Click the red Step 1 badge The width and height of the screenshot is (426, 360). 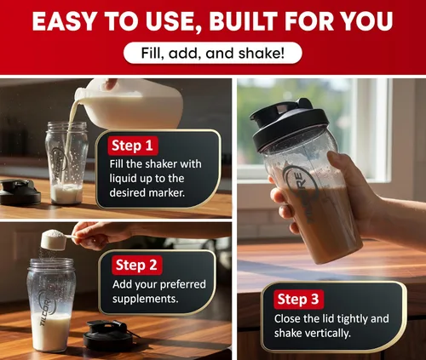[x=133, y=146]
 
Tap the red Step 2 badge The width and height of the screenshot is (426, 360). [x=137, y=266]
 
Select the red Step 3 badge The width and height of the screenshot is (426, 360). [x=299, y=300]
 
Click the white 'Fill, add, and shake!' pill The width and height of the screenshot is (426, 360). [x=213, y=53]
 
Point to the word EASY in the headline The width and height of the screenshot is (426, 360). [x=64, y=21]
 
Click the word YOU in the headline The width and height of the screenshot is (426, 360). [x=366, y=21]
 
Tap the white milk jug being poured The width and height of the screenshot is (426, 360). [x=130, y=104]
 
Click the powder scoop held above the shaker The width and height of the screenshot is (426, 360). [x=55, y=240]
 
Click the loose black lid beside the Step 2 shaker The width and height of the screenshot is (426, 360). [x=109, y=334]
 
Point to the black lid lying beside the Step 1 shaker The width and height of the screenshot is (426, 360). [x=20, y=191]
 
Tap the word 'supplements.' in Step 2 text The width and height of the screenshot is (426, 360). [x=146, y=300]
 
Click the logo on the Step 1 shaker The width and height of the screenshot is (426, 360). [x=59, y=164]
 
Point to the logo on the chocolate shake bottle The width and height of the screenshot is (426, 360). [x=302, y=193]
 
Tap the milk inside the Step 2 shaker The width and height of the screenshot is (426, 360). [x=51, y=332]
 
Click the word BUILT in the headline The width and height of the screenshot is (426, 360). [x=244, y=21]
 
